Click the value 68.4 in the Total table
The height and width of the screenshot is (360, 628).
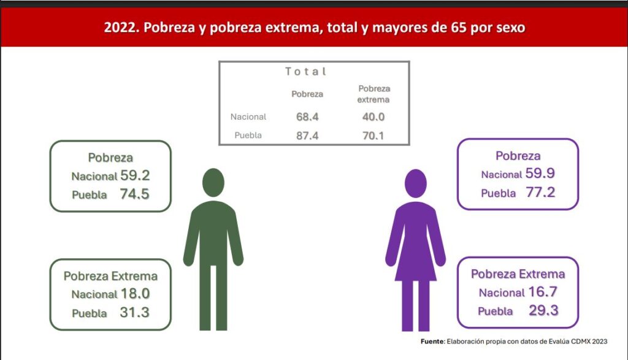(x=307, y=117)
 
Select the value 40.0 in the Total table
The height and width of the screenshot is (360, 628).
(x=373, y=117)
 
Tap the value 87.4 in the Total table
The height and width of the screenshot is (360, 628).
(x=307, y=136)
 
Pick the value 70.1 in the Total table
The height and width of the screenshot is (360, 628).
(x=373, y=136)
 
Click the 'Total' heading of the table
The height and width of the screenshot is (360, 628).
(x=306, y=72)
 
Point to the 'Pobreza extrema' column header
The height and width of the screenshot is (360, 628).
(x=374, y=94)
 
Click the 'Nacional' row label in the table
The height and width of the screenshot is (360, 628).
(x=248, y=117)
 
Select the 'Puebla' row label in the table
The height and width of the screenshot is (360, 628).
(x=248, y=136)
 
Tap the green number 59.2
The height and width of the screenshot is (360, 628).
(x=135, y=175)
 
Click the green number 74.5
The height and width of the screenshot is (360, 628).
(x=135, y=194)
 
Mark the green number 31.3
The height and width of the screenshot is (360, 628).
(x=135, y=312)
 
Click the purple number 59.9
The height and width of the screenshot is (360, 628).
(x=540, y=174)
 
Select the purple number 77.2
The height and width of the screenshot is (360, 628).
(x=540, y=193)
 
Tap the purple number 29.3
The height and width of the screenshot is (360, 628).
(x=543, y=310)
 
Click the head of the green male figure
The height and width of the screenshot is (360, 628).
(x=213, y=183)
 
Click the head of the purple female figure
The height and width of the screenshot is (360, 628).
(x=415, y=183)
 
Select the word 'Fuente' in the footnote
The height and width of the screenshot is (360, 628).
(x=432, y=341)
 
